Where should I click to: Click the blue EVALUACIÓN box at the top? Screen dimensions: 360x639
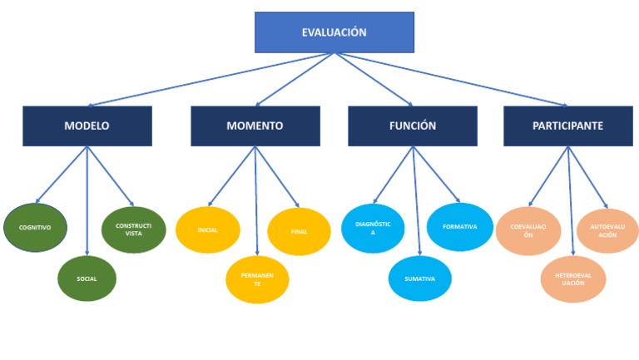[334, 32]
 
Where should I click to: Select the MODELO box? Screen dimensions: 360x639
[87, 126]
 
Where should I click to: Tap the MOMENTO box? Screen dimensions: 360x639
[255, 126]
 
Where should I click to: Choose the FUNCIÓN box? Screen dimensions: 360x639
[412, 126]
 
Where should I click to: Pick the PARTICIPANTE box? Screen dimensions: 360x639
[567, 126]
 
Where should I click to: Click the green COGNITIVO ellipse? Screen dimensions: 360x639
[35, 226]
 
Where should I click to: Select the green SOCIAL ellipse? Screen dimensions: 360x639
[87, 279]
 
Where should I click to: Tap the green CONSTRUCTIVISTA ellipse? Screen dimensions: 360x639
[133, 229]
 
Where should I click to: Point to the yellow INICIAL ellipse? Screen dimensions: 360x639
[207, 229]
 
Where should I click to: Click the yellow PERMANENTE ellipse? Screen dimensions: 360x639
[258, 279]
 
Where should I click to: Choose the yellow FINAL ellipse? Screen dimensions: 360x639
[299, 231]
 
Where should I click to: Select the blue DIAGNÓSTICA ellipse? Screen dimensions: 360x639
[372, 229]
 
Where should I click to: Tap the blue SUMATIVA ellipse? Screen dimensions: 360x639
[419, 279]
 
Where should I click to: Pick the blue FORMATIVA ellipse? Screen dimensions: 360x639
[459, 226]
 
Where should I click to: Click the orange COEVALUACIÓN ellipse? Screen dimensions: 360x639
[528, 230]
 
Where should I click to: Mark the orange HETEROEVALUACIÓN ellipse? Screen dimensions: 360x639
[572, 279]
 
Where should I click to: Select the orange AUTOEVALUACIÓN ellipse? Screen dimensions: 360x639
[607, 230]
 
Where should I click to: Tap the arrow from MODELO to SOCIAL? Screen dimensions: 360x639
[87, 200]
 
